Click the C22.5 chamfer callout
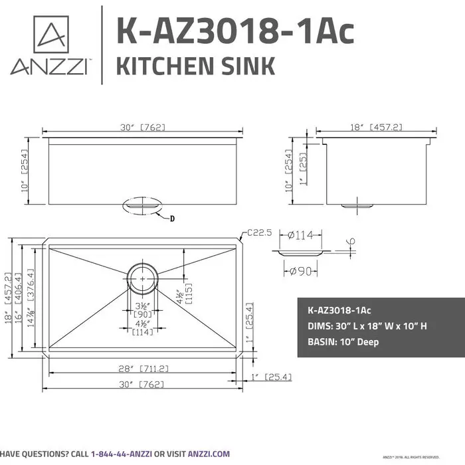tap(260, 232)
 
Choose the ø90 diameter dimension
tap(301, 271)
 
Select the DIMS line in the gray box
tap(375, 326)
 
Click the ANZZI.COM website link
tap(209, 453)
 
